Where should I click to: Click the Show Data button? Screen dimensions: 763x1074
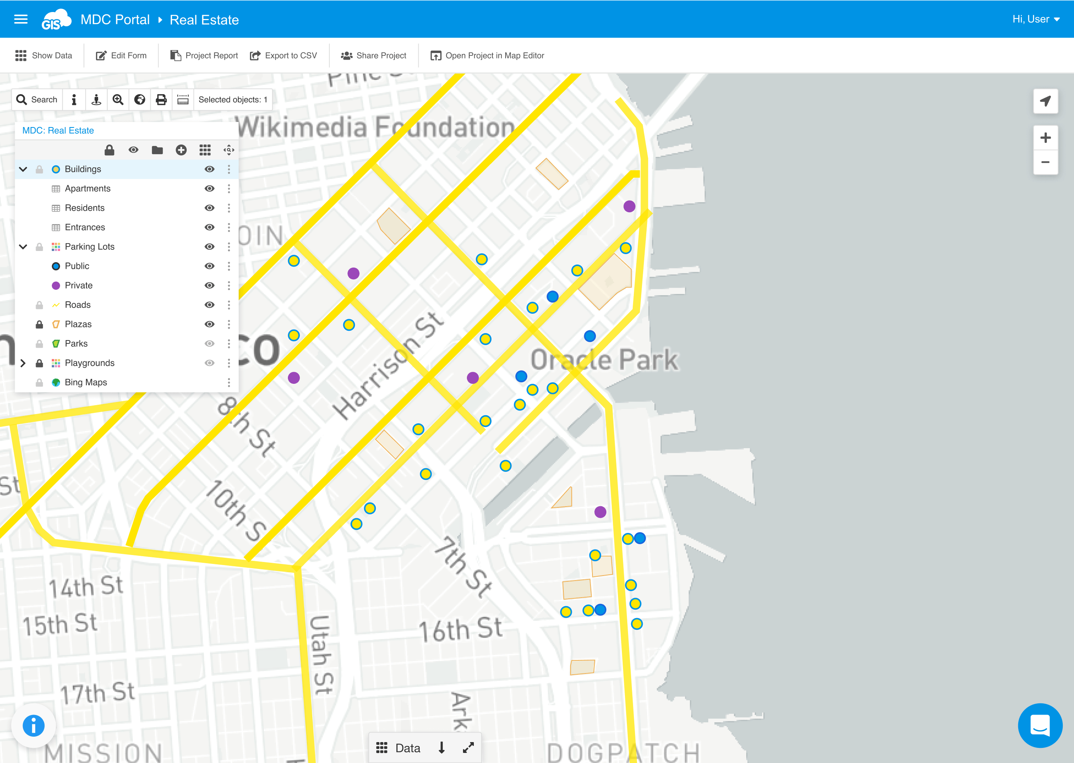click(44, 55)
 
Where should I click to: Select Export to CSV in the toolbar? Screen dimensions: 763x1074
click(284, 55)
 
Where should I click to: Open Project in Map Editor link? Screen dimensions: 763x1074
click(487, 55)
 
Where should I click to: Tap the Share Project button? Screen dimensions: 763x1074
click(373, 55)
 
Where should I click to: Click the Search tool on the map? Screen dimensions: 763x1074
click(37, 100)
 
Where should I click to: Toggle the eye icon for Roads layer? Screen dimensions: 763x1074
click(210, 305)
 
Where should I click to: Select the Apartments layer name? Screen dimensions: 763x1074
click(88, 188)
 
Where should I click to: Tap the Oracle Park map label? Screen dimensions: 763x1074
click(604, 359)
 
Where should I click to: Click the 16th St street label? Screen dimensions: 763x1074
click(461, 629)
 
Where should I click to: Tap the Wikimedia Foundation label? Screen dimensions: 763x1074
click(376, 127)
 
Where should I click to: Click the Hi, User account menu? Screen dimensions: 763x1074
click(1036, 19)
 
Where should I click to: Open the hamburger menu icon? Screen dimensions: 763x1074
click(21, 19)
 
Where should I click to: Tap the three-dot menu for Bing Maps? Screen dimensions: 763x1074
click(229, 382)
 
